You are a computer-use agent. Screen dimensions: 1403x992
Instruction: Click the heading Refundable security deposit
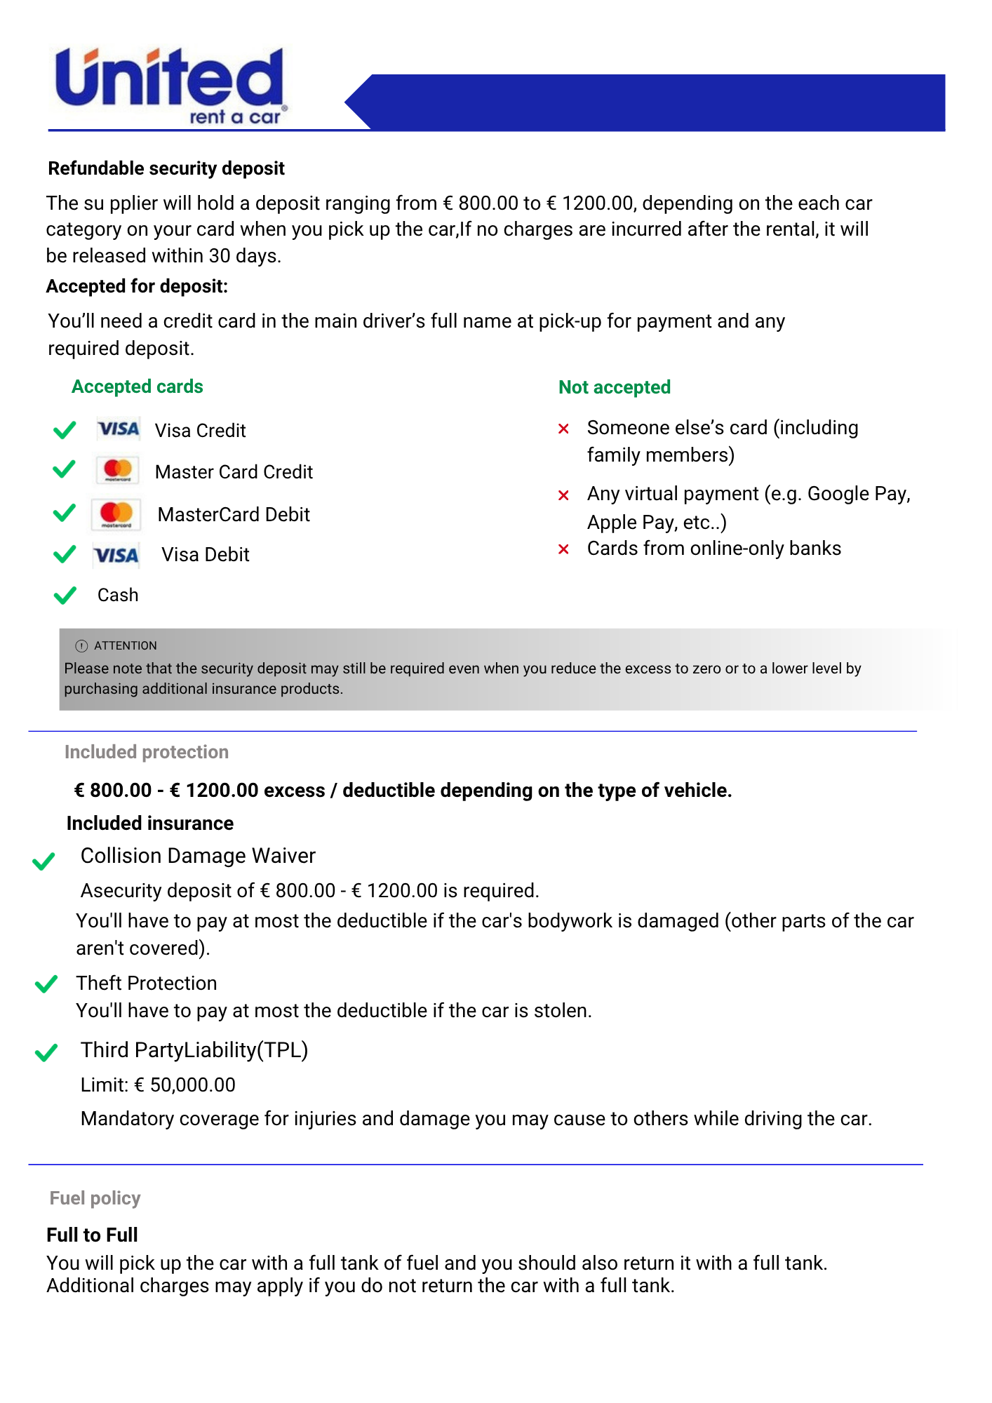pos(166,168)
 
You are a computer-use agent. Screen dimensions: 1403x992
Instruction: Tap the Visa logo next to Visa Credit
pos(119,429)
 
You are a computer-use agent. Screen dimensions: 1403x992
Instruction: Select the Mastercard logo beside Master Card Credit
pos(117,471)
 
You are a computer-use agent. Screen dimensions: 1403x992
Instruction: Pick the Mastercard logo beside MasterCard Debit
pos(116,514)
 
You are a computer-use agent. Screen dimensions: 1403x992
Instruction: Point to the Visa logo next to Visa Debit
pos(116,556)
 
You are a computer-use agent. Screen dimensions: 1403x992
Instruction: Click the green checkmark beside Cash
pos(65,596)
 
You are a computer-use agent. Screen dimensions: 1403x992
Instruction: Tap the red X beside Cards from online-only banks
pos(563,549)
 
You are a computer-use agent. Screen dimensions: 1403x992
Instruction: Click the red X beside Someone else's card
pos(563,429)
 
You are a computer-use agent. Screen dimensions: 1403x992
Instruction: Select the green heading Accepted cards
pos(138,387)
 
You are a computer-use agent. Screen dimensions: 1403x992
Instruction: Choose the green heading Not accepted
pos(615,387)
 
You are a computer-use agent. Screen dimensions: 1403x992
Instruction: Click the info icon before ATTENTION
pos(81,646)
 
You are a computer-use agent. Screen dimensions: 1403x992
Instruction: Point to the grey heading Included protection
pos(147,752)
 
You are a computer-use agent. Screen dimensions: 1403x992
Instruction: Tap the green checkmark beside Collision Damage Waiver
pos(43,861)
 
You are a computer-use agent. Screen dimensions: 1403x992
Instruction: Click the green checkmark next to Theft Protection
pos(46,984)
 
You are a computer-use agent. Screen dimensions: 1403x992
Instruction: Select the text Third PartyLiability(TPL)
pos(194,1050)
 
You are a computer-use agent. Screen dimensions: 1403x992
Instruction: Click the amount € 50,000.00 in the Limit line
pos(185,1085)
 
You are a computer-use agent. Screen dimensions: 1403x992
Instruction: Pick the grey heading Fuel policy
pos(95,1198)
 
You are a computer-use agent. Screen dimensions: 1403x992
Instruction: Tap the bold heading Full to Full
pos(93,1235)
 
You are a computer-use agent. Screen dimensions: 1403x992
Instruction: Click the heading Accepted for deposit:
pos(138,286)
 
